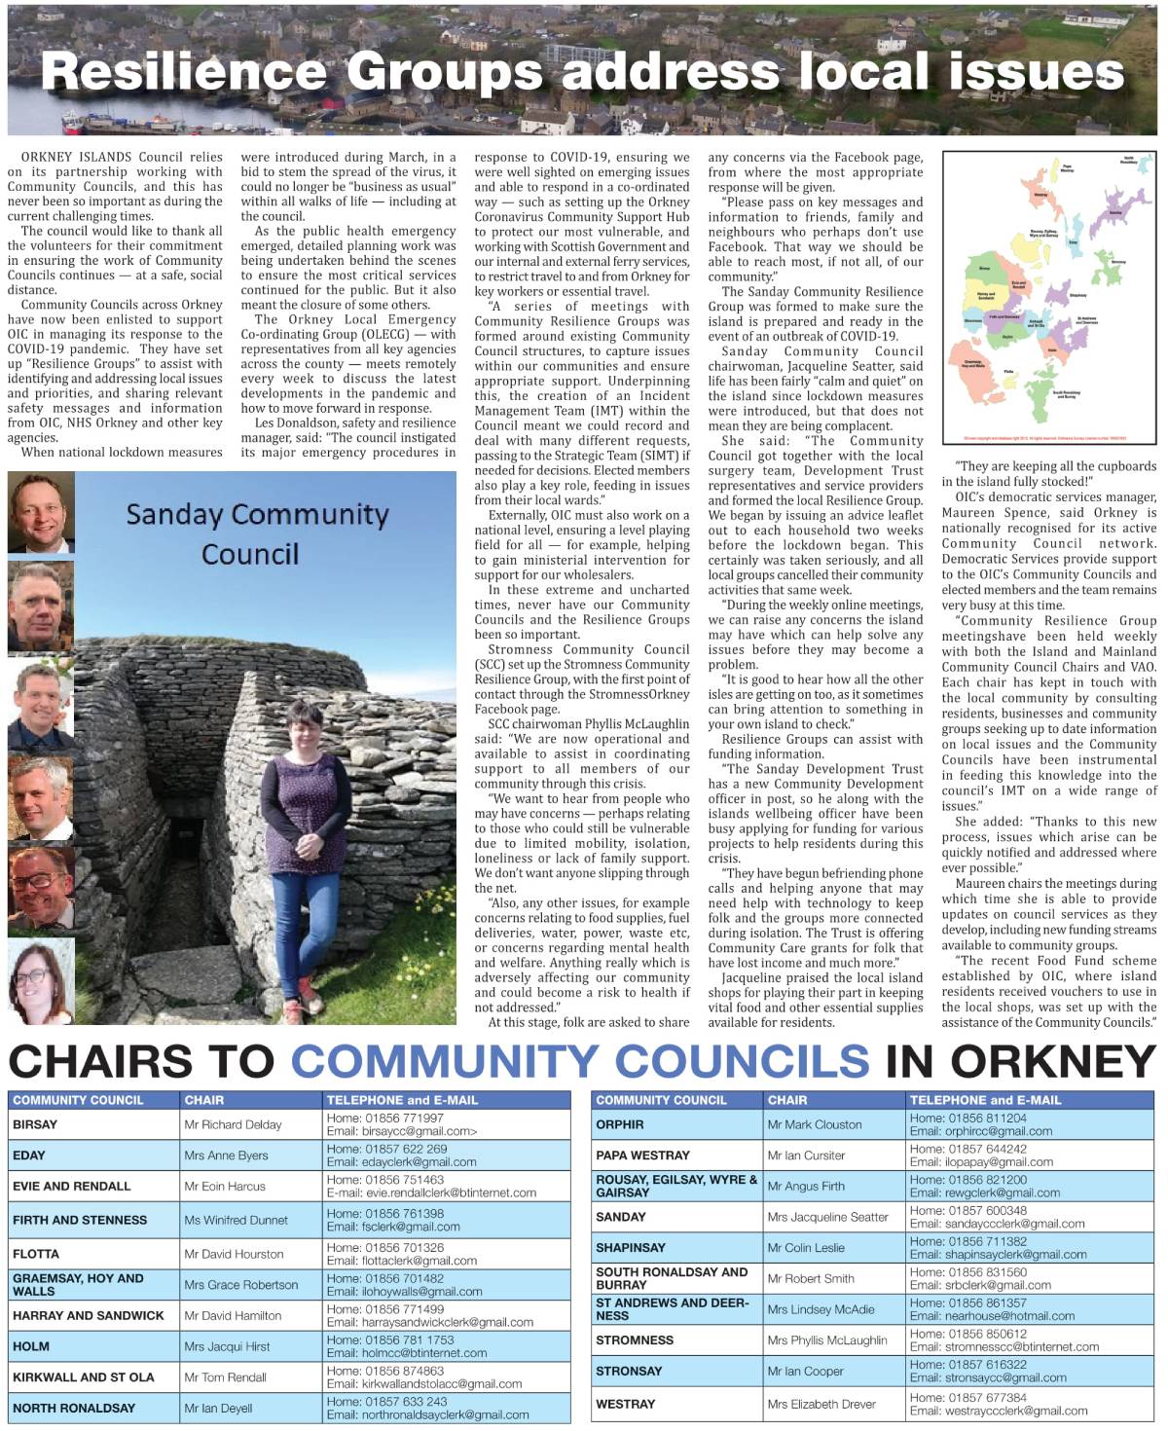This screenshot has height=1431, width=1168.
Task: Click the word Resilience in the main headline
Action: [x=184, y=71]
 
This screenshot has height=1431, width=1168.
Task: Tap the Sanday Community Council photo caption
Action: [x=256, y=533]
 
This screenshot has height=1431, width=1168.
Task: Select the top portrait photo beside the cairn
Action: [x=41, y=513]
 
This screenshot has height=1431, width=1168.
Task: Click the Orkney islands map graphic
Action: [x=1048, y=297]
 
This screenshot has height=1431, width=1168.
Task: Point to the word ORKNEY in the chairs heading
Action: [x=1053, y=1061]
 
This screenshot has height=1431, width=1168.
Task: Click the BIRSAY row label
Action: [x=35, y=1124]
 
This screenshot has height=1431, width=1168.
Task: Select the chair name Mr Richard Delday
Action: [x=233, y=1124]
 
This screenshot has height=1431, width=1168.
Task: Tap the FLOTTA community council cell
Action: [x=36, y=1254]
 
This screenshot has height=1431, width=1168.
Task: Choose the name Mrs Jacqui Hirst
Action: [x=227, y=1346]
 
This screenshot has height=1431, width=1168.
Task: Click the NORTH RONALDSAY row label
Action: [x=74, y=1408]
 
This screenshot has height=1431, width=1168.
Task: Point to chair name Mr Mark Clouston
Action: [x=814, y=1124]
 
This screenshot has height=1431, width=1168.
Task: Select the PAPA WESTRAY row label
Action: [x=642, y=1156]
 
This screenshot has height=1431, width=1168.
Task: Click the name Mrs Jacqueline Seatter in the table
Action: [x=827, y=1217]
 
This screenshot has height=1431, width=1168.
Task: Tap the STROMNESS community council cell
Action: [x=635, y=1340]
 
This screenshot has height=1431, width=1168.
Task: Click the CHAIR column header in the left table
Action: [x=204, y=1100]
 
